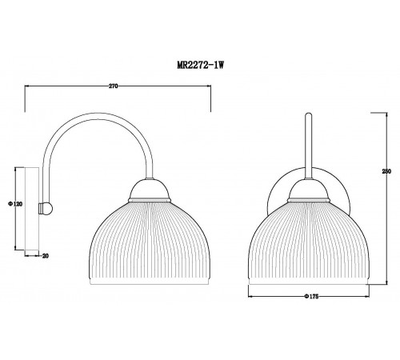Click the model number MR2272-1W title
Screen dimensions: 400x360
pyautogui.click(x=200, y=65)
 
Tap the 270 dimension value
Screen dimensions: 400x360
pyautogui.click(x=113, y=86)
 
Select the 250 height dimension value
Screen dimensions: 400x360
pyautogui.click(x=386, y=171)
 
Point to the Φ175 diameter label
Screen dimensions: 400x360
pyautogui.click(x=311, y=296)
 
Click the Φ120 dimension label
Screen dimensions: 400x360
pyautogui.click(x=15, y=204)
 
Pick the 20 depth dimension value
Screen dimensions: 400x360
pyautogui.click(x=46, y=256)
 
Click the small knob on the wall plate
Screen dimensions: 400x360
pyautogui.click(x=46, y=208)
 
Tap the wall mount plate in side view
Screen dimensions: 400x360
pyautogui.click(x=32, y=209)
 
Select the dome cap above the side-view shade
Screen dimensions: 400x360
pyautogui.click(x=150, y=190)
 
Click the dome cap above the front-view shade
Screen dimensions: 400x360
pyautogui.click(x=309, y=190)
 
